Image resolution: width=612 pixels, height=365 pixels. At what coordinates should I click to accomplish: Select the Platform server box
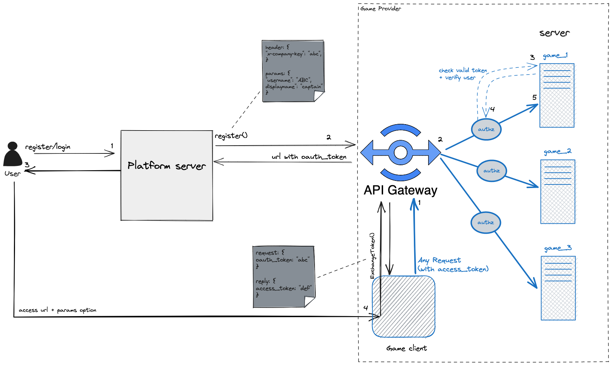click(167, 176)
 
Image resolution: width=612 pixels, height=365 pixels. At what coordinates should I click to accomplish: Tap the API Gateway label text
click(400, 190)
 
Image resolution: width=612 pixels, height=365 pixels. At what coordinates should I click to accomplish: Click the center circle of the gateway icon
click(400, 153)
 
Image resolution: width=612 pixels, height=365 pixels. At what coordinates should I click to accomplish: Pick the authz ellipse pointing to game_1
click(486, 129)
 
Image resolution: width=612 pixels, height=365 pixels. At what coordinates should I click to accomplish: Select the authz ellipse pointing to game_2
click(491, 171)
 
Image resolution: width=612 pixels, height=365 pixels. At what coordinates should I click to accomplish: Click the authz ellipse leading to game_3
click(486, 222)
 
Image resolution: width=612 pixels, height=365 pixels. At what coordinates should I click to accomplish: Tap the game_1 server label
click(555, 56)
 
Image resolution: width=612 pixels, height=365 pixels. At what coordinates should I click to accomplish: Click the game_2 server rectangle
click(557, 192)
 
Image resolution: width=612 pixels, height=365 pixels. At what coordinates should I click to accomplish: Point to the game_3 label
click(557, 248)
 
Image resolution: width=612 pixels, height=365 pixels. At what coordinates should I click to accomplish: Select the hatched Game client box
click(403, 306)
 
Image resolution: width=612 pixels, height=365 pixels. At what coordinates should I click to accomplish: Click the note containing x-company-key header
click(293, 71)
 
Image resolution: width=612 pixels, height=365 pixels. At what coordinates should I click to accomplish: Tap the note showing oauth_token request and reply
click(284, 277)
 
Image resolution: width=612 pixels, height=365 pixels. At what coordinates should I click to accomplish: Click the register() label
click(231, 136)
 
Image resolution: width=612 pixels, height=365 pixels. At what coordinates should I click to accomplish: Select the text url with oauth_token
click(309, 157)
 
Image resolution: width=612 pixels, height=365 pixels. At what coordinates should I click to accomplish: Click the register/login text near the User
click(47, 147)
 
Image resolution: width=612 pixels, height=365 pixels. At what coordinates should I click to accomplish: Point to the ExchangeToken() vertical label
click(372, 256)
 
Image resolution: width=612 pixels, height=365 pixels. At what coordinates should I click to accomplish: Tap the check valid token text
click(462, 71)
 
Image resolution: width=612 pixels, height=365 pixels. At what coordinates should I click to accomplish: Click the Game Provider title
click(381, 9)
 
